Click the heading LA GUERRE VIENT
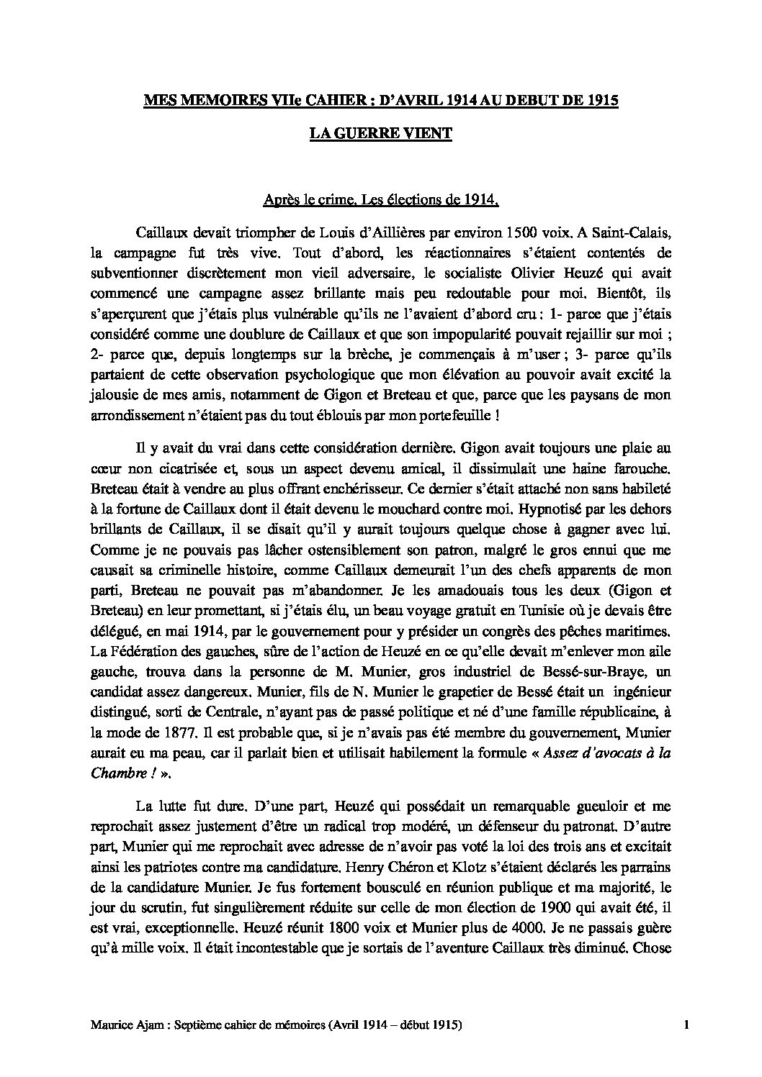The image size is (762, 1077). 380,134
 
